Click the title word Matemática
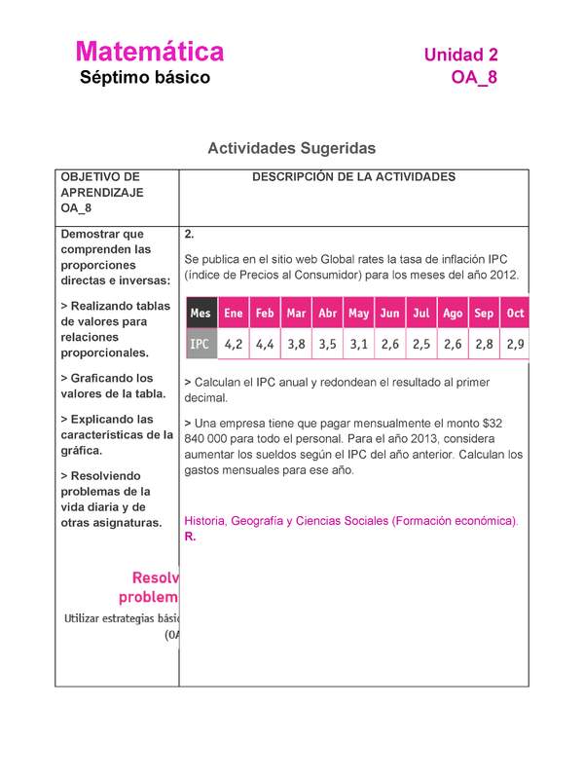(x=149, y=52)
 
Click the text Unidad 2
(x=460, y=56)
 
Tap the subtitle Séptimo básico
(x=144, y=78)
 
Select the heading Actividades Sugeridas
(x=291, y=148)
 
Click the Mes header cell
(x=201, y=314)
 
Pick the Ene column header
(x=234, y=314)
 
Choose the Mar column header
(x=296, y=314)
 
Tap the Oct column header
(x=515, y=314)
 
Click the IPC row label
(x=200, y=344)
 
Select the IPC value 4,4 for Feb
(x=265, y=344)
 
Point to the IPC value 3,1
(x=358, y=344)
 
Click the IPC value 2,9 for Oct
(x=515, y=344)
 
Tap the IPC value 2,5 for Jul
(x=421, y=344)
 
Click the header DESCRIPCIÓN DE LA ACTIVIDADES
(x=353, y=177)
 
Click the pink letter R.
(x=189, y=537)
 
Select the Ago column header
(x=453, y=314)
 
